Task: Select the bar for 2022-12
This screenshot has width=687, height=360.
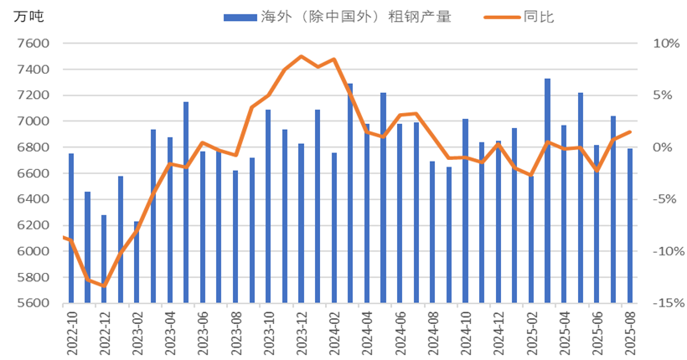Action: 104,259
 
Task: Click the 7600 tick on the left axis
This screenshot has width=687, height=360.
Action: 33,44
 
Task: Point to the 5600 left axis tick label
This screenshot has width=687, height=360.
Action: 33,304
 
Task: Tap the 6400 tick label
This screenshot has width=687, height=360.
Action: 33,199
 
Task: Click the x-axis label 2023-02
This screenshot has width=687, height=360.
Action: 137,332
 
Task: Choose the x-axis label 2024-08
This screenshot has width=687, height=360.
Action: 433,332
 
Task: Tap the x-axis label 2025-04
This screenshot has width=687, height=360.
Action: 565,332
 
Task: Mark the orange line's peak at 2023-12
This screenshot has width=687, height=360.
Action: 302,56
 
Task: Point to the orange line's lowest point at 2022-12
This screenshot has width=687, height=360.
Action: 104,286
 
